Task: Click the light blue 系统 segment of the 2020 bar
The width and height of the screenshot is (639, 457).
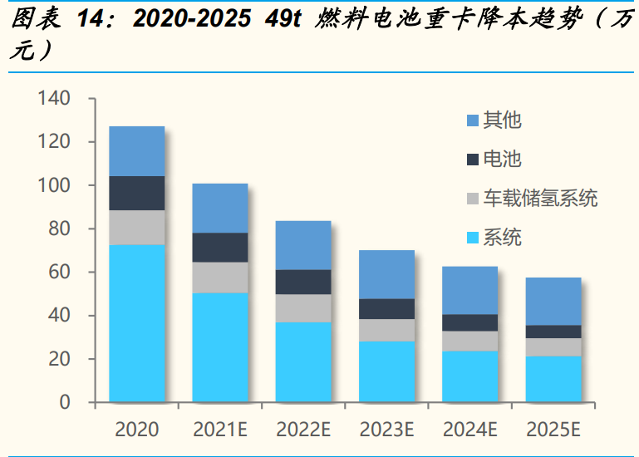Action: click(x=136, y=323)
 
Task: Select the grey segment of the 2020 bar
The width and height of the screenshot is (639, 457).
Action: click(x=136, y=227)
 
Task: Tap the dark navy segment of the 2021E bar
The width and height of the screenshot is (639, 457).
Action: click(x=219, y=247)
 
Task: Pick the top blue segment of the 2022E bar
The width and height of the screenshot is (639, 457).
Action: click(x=302, y=244)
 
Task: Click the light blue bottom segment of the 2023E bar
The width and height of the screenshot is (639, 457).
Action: click(x=386, y=371)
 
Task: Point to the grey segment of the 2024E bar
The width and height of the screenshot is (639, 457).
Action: click(x=469, y=341)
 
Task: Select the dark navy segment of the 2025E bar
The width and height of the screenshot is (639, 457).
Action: click(x=553, y=331)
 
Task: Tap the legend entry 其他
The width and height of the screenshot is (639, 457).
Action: click(x=502, y=120)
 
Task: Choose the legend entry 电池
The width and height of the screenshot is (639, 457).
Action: click(x=502, y=160)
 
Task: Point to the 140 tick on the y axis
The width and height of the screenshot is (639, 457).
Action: click(x=54, y=99)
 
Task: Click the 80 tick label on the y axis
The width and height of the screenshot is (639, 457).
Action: click(x=60, y=229)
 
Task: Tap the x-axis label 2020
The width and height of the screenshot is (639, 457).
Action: click(x=136, y=430)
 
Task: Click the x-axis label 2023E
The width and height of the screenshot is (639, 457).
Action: click(x=386, y=430)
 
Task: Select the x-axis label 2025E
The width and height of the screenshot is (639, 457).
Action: click(x=553, y=430)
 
